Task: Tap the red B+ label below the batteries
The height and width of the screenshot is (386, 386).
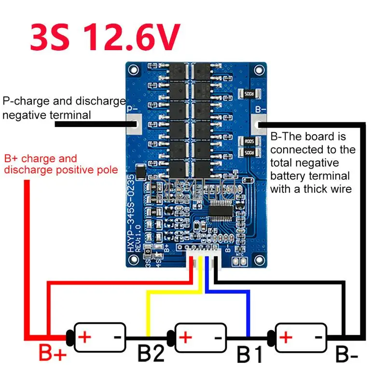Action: (x=52, y=355)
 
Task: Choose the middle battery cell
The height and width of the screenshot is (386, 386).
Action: (x=198, y=336)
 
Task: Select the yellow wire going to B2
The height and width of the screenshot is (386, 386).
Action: (x=148, y=309)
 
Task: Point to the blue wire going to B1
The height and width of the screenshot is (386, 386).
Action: (x=248, y=309)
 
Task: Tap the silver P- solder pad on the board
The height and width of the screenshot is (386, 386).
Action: (x=133, y=124)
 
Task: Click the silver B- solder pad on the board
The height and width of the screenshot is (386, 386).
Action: (x=260, y=123)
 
